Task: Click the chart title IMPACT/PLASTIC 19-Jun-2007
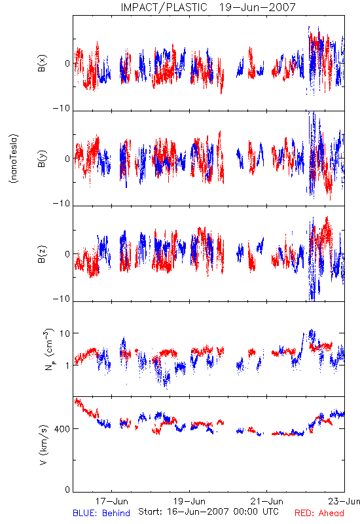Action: [x=208, y=7]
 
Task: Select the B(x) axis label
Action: [x=42, y=63]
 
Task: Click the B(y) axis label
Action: [x=42, y=159]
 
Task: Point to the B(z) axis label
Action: [x=42, y=254]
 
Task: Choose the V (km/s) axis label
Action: [x=43, y=445]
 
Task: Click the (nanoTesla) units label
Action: [x=14, y=159]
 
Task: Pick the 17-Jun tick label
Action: [x=111, y=501]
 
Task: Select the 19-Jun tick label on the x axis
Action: [x=189, y=501]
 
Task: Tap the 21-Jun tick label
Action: [x=267, y=501]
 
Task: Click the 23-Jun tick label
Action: [x=344, y=501]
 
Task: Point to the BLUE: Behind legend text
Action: [x=101, y=513]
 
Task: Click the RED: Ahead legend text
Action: [x=319, y=513]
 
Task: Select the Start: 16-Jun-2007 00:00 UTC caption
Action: [x=208, y=512]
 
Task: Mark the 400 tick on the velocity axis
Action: [x=62, y=429]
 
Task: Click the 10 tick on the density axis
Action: [x=65, y=333]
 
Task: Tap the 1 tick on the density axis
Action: [x=67, y=365]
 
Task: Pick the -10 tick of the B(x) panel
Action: [x=62, y=108]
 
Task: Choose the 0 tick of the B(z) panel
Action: [x=67, y=254]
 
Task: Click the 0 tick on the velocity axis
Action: [x=67, y=489]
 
